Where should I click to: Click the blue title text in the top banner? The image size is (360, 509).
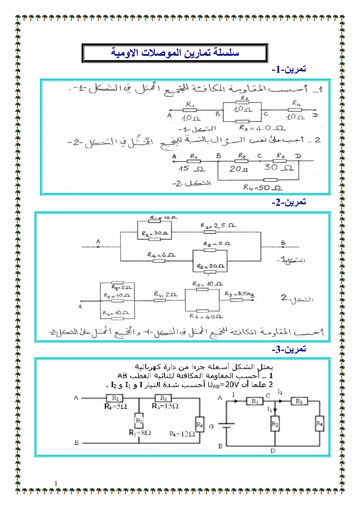coord(175,53)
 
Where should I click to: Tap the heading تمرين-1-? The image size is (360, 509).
coord(289,69)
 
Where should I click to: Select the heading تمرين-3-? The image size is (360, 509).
coord(289,349)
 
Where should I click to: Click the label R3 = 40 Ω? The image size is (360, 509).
coord(262,128)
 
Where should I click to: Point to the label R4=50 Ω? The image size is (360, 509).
coord(262,188)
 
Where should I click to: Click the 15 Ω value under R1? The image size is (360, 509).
coord(192,169)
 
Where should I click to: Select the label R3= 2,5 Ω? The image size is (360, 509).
coord(218,225)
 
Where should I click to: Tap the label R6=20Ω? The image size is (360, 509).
coord(210,266)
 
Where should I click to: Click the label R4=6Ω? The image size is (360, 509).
coord(161,255)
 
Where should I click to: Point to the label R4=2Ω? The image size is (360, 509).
coord(165,294)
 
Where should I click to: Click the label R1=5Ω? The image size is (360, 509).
coord(116,407)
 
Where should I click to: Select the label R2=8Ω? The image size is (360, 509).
coord(140,433)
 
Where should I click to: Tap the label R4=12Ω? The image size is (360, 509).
coord(182,434)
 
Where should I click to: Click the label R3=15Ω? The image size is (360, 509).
coord(165,406)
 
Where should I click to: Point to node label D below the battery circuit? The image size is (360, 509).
coord(273,451)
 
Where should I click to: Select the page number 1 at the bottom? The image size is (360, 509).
coord(56,483)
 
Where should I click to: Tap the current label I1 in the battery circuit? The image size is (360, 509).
coord(270,409)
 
